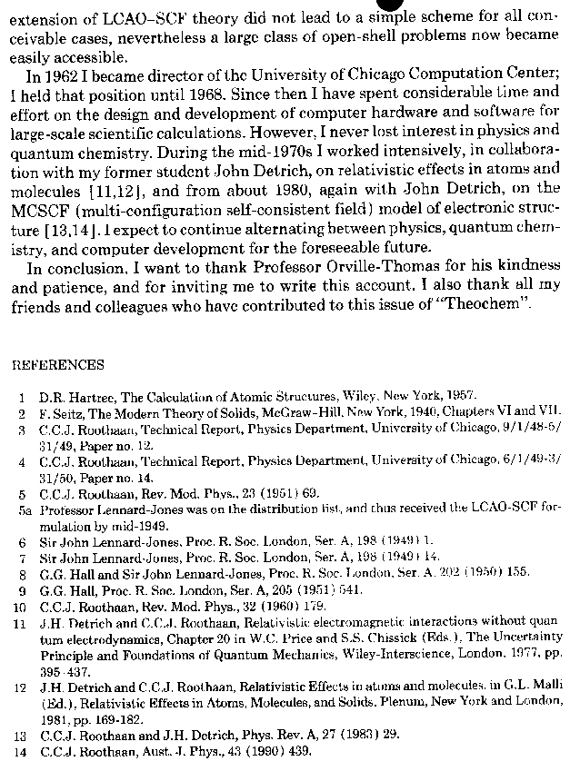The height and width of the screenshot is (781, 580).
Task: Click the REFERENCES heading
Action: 57,365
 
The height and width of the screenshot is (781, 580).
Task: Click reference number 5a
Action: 23,510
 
